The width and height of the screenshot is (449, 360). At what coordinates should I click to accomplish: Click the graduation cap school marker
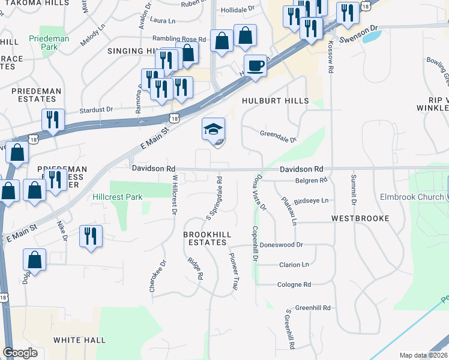(214, 130)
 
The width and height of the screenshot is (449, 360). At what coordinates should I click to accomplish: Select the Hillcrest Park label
(118, 197)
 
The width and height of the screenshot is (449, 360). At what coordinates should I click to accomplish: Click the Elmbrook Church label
(412, 197)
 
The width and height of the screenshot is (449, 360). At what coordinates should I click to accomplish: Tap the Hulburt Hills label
(275, 101)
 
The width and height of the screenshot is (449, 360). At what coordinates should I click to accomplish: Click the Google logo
(20, 353)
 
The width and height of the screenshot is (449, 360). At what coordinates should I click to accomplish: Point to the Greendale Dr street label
(278, 136)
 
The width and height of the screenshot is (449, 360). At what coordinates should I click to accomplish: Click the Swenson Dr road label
(359, 28)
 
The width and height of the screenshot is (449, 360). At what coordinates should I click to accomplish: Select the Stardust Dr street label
(97, 110)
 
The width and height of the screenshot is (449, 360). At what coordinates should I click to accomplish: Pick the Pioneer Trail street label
(234, 272)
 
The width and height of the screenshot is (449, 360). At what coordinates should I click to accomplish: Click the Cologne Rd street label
(294, 284)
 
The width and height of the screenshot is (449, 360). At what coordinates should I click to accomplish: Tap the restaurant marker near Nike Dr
(91, 236)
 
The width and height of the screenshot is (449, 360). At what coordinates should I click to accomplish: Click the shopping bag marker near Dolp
(35, 260)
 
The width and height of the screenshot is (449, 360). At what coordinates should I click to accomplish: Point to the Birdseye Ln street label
(312, 200)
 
